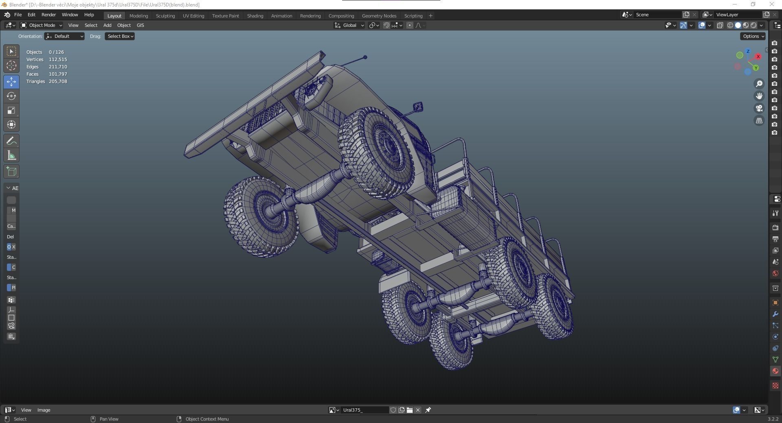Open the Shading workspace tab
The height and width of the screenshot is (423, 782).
(x=255, y=16)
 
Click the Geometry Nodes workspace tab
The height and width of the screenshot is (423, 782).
(x=379, y=16)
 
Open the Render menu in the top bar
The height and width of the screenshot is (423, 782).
(x=48, y=15)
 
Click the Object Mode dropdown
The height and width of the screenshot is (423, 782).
(x=42, y=25)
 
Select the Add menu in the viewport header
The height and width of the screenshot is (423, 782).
(x=107, y=25)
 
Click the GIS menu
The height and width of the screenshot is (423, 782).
(x=140, y=25)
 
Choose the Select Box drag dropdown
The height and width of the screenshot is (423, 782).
(x=120, y=36)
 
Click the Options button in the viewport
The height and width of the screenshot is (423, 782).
(x=753, y=36)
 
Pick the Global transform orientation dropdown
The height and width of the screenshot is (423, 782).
(x=349, y=25)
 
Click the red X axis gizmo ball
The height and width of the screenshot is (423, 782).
(x=758, y=57)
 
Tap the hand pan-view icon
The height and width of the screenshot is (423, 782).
(x=759, y=96)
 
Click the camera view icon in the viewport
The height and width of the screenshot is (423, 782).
(x=759, y=108)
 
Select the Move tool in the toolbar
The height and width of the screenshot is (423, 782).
(x=11, y=82)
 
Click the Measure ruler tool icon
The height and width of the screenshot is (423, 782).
(x=11, y=155)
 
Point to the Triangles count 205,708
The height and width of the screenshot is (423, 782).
(x=58, y=81)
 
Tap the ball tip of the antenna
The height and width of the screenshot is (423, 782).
(x=365, y=57)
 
